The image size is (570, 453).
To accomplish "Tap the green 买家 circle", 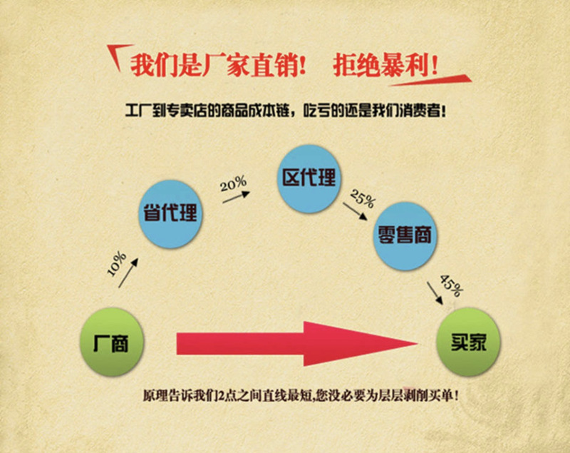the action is (468, 343).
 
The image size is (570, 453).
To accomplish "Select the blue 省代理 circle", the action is (170, 212).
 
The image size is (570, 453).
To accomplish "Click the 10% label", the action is (116, 263).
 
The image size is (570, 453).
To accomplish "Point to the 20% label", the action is (232, 185).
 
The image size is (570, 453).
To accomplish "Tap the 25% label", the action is (362, 198).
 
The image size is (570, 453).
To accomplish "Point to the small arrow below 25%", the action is (351, 210).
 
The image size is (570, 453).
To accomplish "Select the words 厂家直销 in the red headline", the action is (249, 66).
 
